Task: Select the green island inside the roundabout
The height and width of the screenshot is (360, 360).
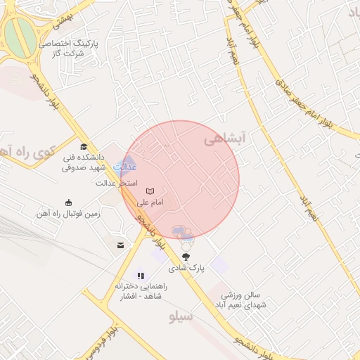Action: pyautogui.click(x=18, y=35)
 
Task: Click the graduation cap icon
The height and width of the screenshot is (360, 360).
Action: pyautogui.click(x=84, y=147)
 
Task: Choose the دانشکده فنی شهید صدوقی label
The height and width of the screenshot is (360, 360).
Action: pyautogui.click(x=83, y=163)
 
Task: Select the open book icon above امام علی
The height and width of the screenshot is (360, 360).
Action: pyautogui.click(x=149, y=191)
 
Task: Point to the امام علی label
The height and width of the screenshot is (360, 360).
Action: pyautogui.click(x=149, y=202)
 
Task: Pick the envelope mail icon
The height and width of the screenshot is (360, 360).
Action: pyautogui.click(x=121, y=245)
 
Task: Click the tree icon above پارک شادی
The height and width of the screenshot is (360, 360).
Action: pyautogui.click(x=186, y=257)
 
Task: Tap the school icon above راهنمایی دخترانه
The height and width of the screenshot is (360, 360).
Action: pyautogui.click(x=141, y=276)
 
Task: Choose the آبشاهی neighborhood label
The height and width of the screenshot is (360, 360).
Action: pyautogui.click(x=224, y=141)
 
